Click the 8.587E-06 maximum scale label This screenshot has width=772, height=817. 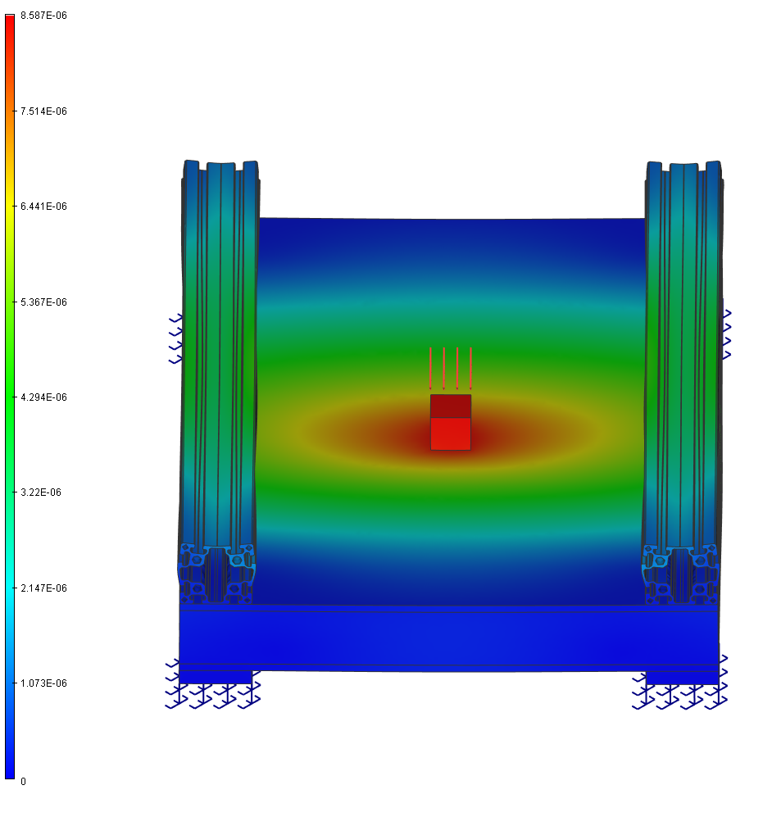pyautogui.click(x=43, y=16)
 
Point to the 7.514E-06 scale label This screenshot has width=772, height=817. pyautogui.click(x=43, y=111)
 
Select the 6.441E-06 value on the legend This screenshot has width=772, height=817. pyautogui.click(x=43, y=207)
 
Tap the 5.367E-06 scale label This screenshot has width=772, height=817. pyautogui.click(x=43, y=302)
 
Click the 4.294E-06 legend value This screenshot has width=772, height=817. pyautogui.click(x=43, y=397)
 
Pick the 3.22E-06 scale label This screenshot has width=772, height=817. pyautogui.click(x=41, y=492)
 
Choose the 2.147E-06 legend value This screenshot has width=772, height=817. pyautogui.click(x=43, y=588)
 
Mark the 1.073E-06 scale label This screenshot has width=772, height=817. pyautogui.click(x=43, y=683)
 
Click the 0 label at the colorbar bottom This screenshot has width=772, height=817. pyautogui.click(x=23, y=782)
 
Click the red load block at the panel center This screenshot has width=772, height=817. pyautogui.click(x=451, y=422)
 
